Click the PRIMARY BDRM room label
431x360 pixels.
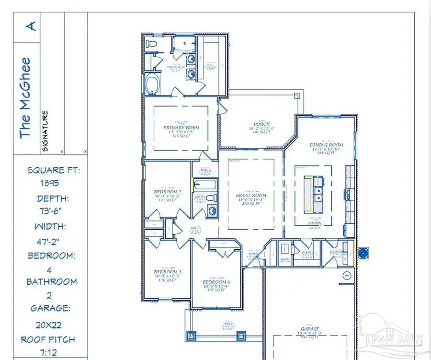(x=181, y=128)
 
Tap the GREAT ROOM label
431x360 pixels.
(x=250, y=196)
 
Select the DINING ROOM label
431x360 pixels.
(x=327, y=145)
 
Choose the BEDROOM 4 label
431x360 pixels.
(x=216, y=282)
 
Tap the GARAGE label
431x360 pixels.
(x=310, y=329)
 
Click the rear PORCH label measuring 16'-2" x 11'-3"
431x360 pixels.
(x=262, y=124)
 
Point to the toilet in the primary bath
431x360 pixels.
(x=152, y=46)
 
